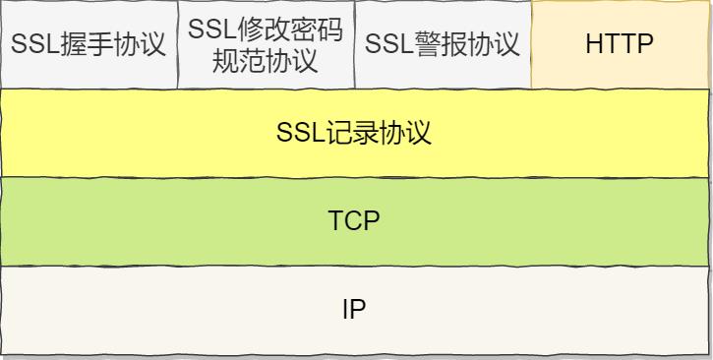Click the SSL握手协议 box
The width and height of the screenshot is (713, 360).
(x=89, y=44)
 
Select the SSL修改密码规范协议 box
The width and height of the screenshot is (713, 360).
(x=266, y=44)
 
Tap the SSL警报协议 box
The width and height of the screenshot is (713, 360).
(x=443, y=44)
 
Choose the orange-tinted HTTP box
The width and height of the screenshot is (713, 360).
(x=620, y=44)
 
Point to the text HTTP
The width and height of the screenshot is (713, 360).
(x=620, y=44)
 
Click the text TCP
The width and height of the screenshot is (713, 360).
(x=354, y=221)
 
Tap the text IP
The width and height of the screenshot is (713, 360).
(x=354, y=310)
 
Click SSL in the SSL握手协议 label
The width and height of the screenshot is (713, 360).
(x=31, y=45)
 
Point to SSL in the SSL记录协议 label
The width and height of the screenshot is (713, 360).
(x=298, y=133)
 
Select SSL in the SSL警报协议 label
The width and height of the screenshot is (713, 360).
(x=386, y=45)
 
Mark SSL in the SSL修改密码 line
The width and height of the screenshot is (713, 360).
(x=208, y=30)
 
